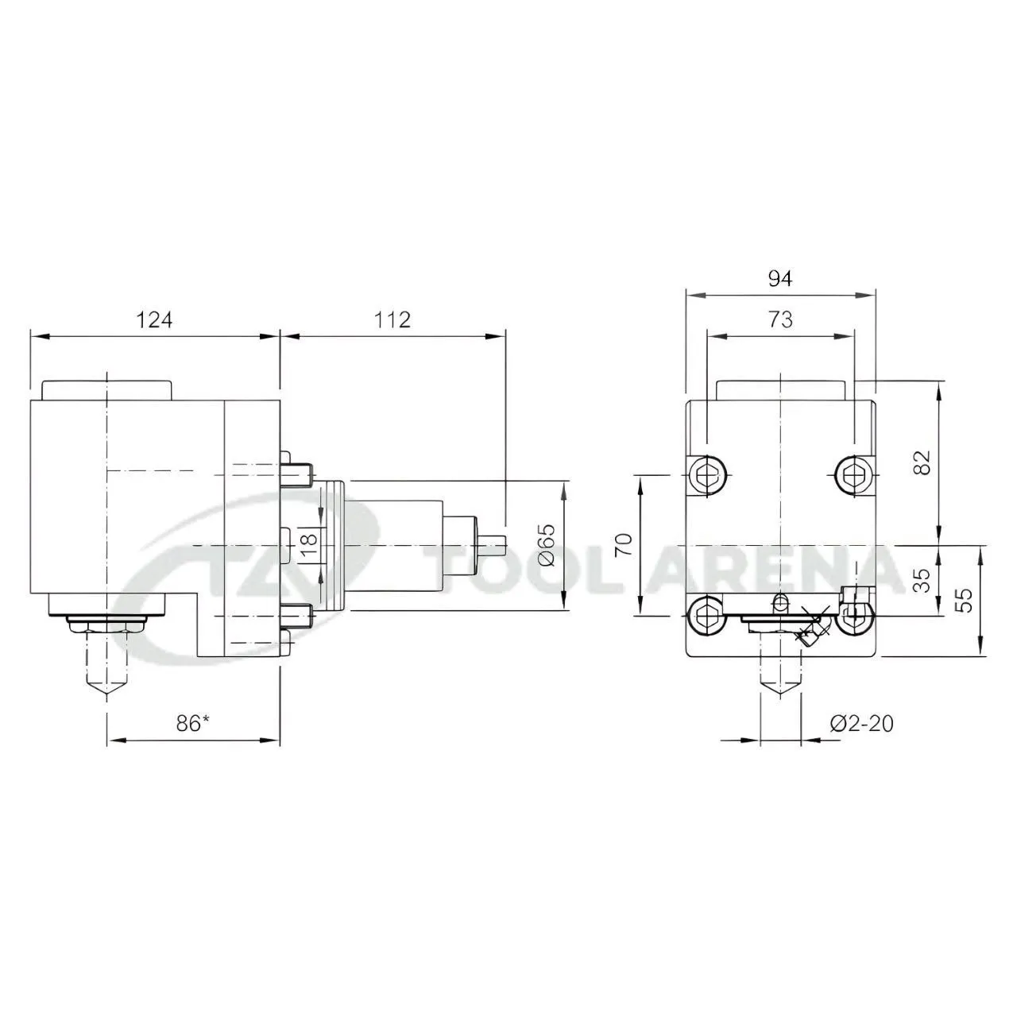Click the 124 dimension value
(x=155, y=320)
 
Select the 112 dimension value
(x=392, y=320)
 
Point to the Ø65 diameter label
(x=547, y=545)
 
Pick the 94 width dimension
(x=780, y=279)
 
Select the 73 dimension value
(x=780, y=320)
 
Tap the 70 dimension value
(x=625, y=544)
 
